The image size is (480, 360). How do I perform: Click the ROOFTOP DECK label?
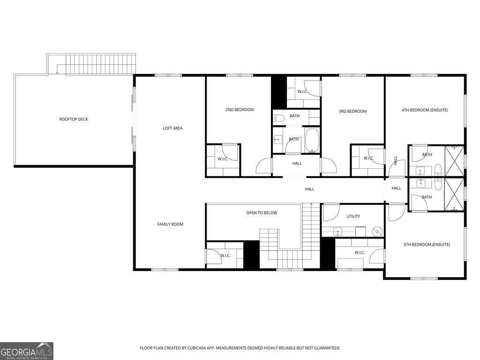coord(74,120)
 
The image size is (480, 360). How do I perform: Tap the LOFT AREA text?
coord(172,128)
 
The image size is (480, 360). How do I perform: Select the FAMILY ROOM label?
coord(170,224)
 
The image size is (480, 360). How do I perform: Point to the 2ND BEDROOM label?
coord(240,110)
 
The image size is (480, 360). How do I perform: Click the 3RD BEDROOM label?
coord(352,111)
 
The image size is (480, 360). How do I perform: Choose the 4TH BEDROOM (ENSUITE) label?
coord(425,110)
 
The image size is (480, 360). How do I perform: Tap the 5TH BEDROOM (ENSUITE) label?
coord(427,244)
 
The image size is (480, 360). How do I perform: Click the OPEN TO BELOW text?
coord(262,213)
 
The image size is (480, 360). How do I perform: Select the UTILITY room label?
coord(353,216)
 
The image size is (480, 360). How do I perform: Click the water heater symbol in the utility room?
coord(377,231)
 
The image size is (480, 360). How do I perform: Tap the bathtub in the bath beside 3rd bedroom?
coord(312,140)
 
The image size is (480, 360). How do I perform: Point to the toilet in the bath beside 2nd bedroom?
coord(278,117)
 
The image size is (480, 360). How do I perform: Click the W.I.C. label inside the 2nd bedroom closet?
coord(223,158)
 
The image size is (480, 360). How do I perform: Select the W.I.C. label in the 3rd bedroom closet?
coord(368,158)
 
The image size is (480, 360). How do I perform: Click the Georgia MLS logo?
coord(27,351)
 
